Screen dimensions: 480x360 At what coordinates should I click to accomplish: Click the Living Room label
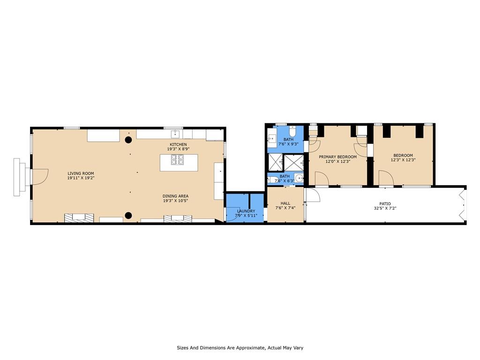81,173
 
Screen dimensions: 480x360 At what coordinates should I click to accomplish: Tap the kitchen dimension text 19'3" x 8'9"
178,149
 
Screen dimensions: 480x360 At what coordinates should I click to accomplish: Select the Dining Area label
175,196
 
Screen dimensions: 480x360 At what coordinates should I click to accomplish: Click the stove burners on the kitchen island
177,159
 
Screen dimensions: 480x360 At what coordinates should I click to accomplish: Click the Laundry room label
246,211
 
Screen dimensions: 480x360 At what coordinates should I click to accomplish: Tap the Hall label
285,203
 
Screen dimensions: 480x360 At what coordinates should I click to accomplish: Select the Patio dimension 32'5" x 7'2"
385,208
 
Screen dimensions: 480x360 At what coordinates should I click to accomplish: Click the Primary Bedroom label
337,157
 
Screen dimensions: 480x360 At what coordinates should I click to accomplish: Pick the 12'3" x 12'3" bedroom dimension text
403,159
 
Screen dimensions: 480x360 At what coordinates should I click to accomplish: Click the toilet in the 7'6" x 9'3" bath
292,131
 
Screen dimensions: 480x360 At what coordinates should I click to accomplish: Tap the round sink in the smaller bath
299,178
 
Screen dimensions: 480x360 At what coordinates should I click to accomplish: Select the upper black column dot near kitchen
128,140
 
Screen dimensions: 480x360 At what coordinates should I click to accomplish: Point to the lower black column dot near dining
128,216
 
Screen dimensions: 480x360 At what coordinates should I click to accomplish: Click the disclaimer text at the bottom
240,348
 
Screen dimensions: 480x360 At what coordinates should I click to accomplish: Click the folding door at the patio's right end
463,205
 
